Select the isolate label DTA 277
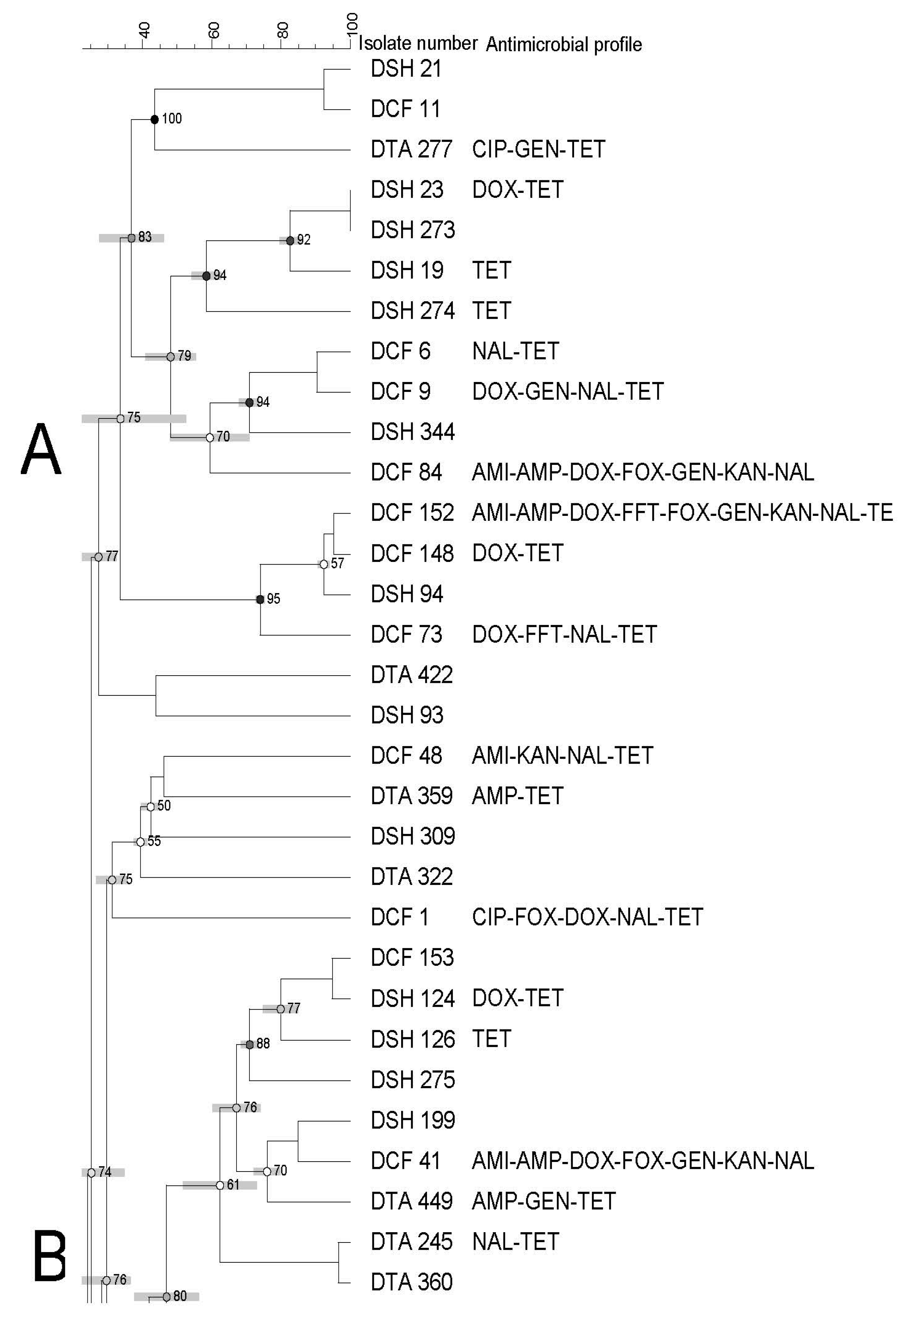411,149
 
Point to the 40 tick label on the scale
145,29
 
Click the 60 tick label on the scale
214,29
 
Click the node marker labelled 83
131,238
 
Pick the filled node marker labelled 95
260,599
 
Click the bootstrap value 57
338,564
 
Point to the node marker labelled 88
250,1044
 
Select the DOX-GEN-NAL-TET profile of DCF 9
567,391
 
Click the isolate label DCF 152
412,513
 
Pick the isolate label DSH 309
412,836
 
